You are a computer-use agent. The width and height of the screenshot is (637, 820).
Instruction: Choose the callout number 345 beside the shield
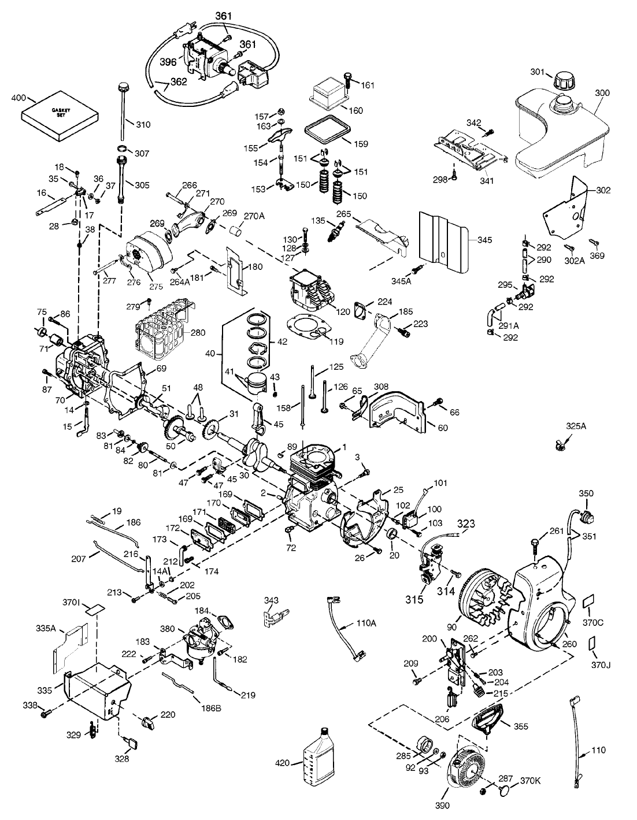click(484, 240)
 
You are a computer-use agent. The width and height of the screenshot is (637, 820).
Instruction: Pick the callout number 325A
click(576, 426)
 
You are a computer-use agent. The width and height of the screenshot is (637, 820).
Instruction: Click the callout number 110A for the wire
click(366, 623)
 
